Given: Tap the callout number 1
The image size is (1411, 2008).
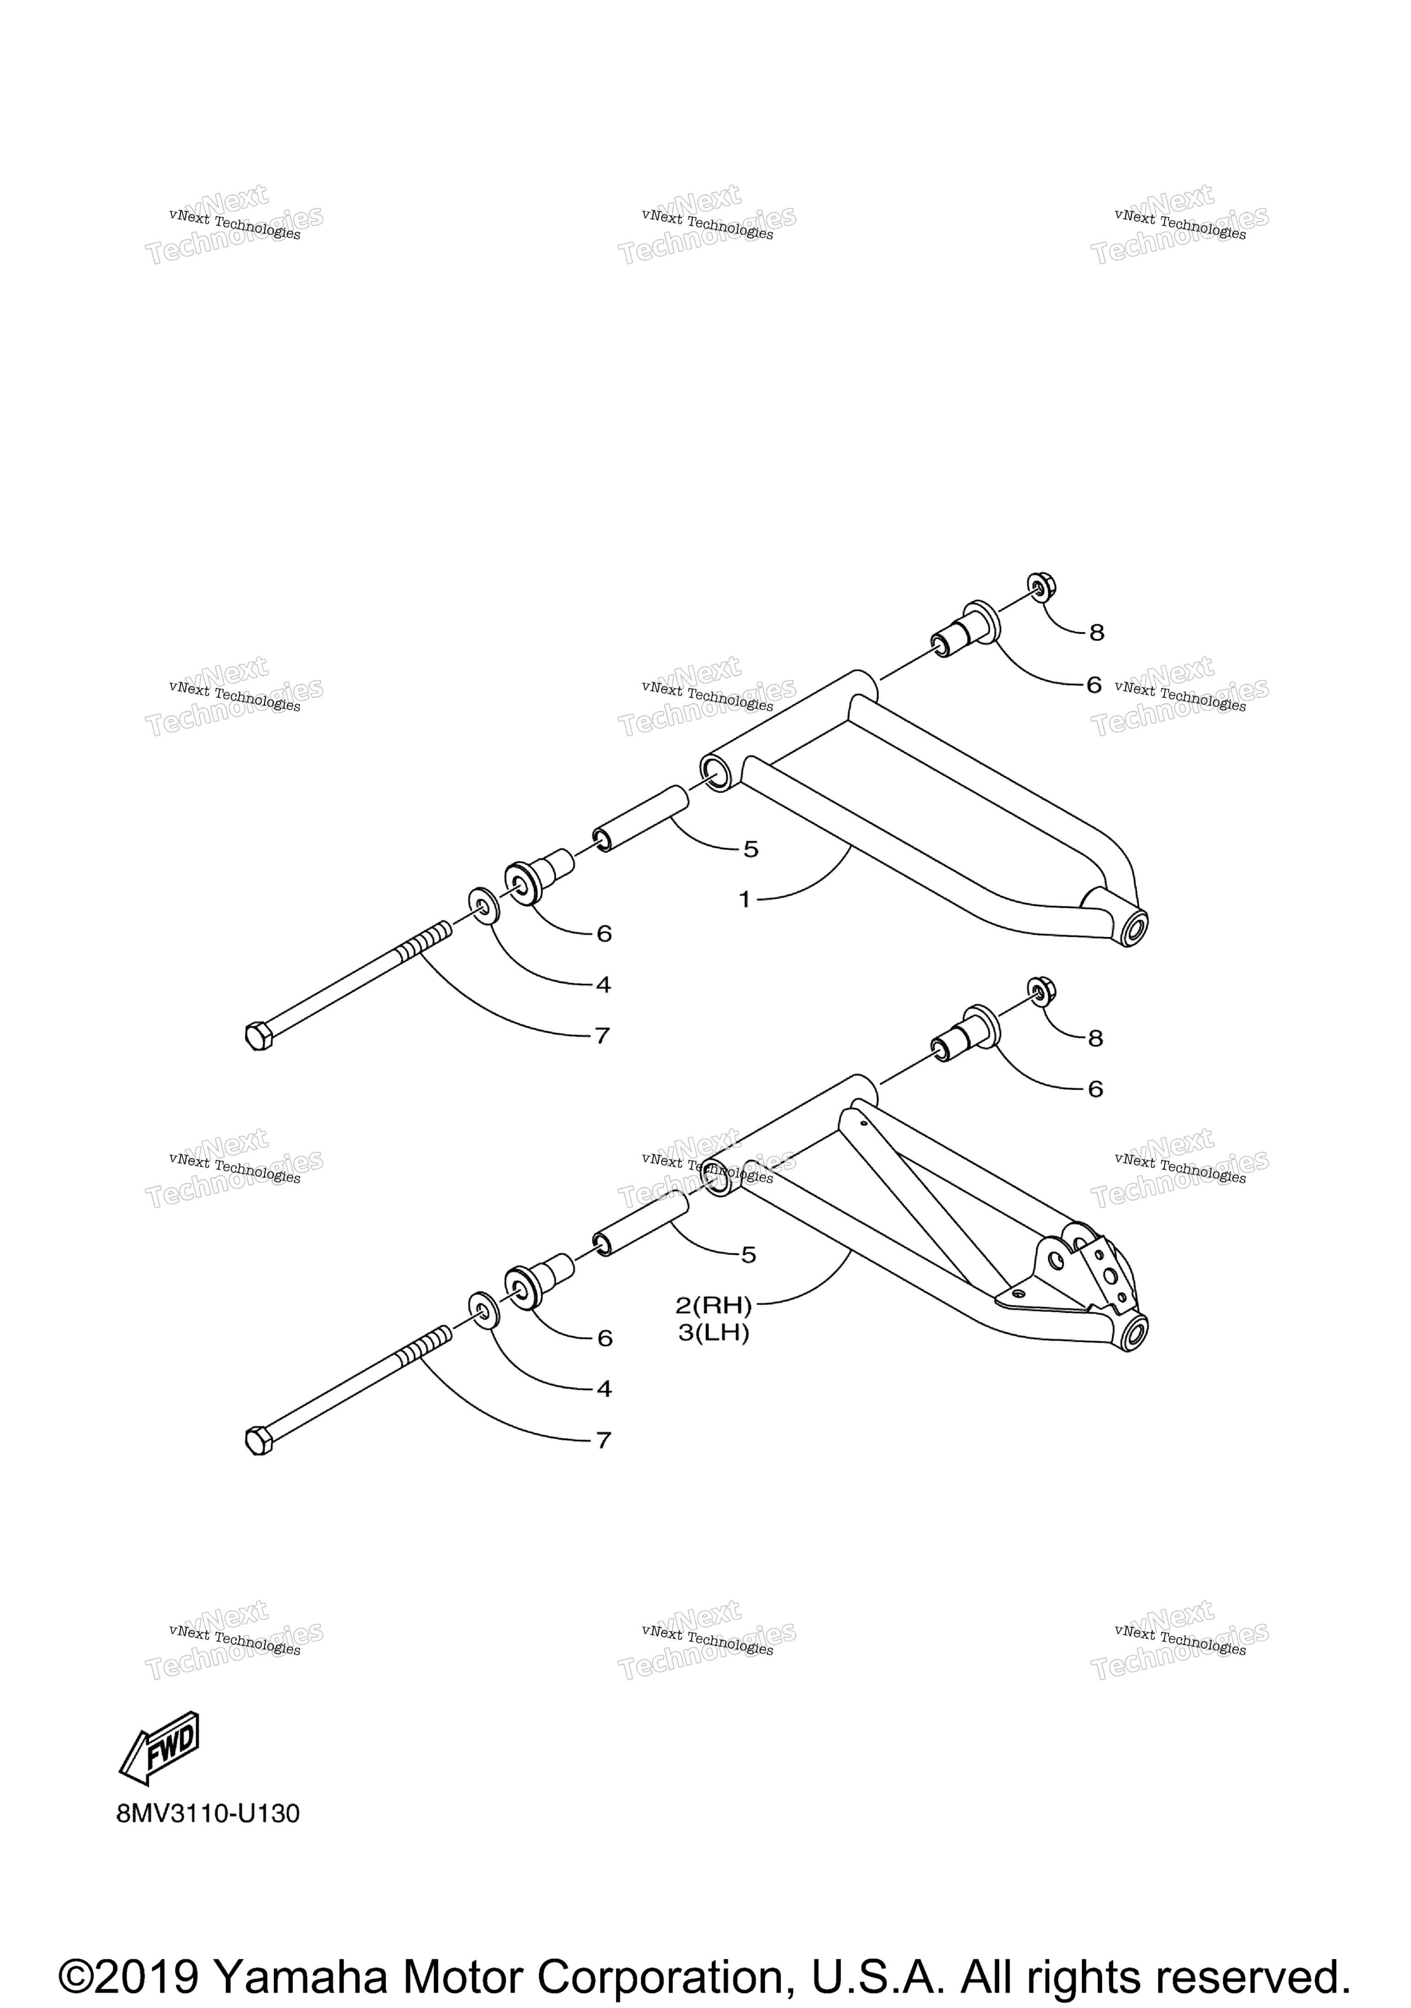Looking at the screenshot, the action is (745, 899).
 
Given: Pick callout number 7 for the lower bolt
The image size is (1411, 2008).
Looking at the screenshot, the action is (603, 1440).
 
